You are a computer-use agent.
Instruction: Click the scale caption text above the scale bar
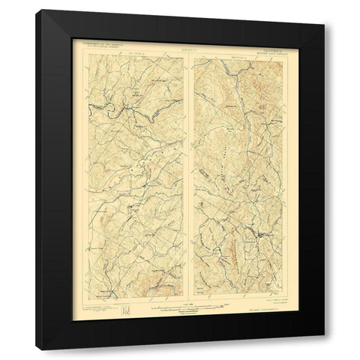(183, 299)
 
